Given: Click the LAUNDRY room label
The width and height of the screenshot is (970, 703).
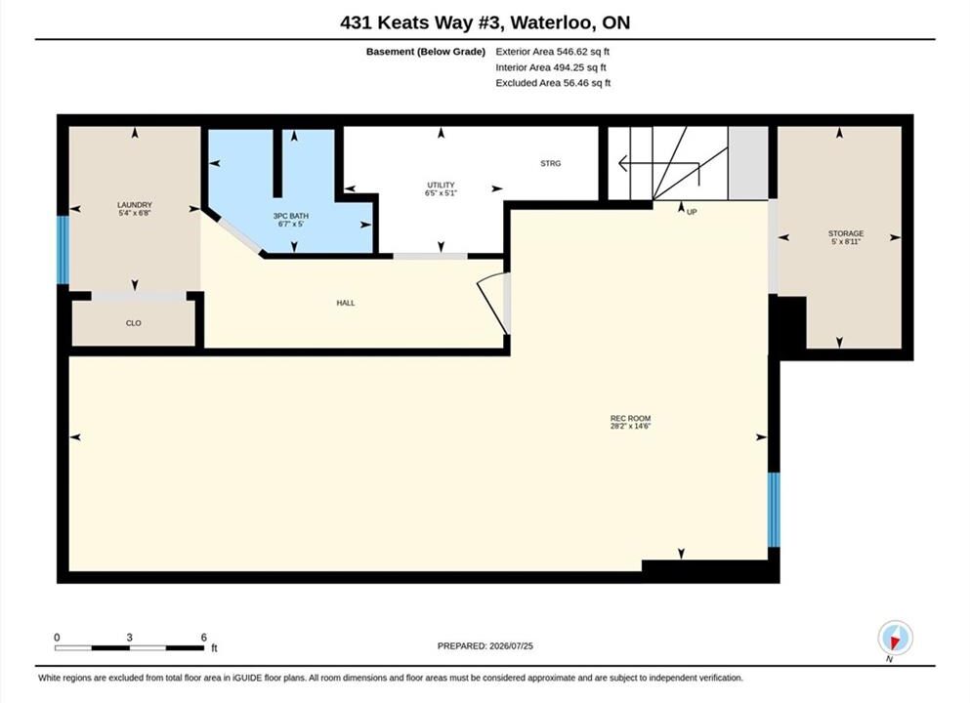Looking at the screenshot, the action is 135,205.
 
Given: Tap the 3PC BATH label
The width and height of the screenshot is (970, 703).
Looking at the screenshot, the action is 291,216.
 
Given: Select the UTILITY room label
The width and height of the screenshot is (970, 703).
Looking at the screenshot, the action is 441,185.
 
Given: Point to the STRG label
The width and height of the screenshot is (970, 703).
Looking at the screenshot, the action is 551,163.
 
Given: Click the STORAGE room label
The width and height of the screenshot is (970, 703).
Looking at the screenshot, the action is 846,233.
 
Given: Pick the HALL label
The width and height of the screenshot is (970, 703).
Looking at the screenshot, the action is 346,303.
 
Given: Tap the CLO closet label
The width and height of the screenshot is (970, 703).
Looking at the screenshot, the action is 134,323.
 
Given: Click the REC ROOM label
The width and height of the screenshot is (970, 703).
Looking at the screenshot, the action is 630,418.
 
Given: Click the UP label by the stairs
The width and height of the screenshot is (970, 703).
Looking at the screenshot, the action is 692,212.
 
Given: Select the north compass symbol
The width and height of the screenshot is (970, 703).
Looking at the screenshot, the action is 895,638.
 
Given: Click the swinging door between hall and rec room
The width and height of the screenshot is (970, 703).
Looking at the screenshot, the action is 493,303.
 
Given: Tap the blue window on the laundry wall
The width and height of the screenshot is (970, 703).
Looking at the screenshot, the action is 63,249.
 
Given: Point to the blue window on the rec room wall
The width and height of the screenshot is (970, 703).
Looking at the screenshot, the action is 774,510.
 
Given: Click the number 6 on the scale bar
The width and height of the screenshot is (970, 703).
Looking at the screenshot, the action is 203,637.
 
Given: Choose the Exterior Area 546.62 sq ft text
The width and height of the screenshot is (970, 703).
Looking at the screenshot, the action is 553,52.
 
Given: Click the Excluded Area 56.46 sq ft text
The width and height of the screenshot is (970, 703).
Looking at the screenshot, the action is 553,83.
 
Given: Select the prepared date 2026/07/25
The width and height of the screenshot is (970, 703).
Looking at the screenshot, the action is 511,645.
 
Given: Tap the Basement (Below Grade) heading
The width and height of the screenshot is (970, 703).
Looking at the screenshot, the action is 426,52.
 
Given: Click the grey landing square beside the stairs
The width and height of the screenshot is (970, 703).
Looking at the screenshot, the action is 748,163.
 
